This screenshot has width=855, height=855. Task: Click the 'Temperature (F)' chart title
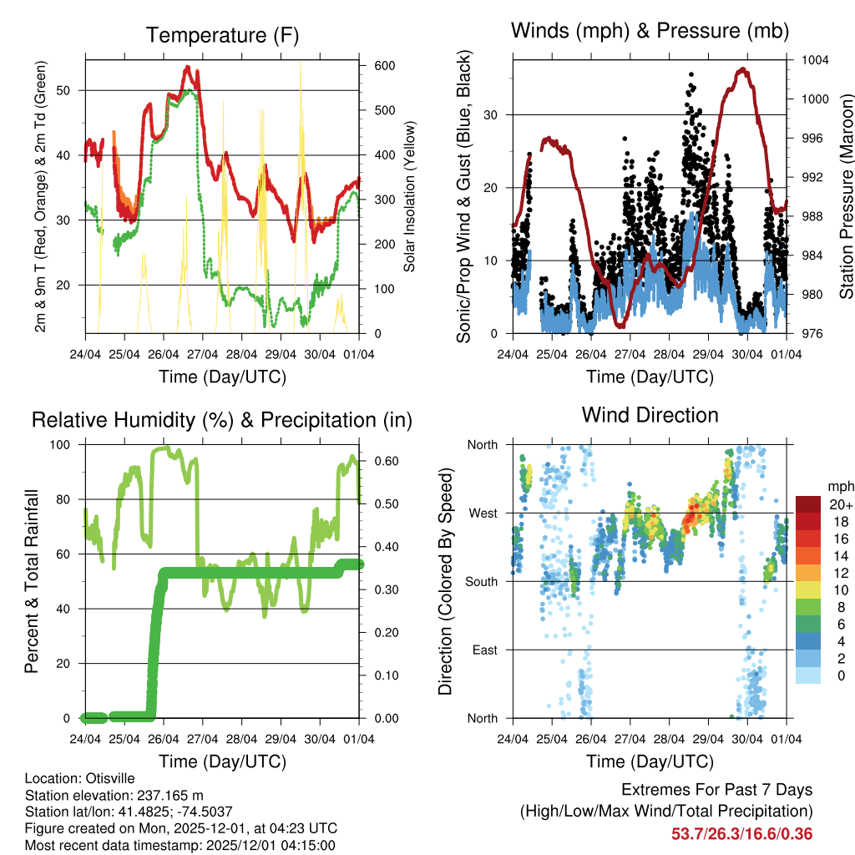(222, 35)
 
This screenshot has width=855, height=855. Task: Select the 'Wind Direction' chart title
(650, 414)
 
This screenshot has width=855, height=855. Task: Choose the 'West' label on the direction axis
(483, 513)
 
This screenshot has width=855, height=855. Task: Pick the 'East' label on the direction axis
(484, 650)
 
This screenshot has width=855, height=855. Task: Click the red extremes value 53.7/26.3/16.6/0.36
(741, 833)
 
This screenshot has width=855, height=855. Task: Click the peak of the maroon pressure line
(741, 68)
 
